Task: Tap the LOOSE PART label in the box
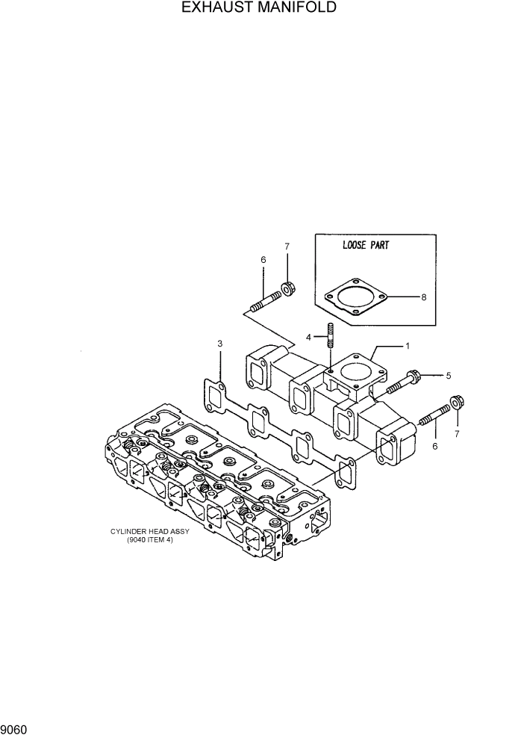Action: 366,245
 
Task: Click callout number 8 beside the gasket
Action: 423,297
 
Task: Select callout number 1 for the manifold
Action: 408,346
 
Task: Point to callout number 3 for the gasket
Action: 219,344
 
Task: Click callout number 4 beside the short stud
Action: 317,337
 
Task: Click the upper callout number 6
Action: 263,259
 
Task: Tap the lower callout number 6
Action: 434,446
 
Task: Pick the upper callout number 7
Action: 287,246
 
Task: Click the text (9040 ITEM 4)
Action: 150,540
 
